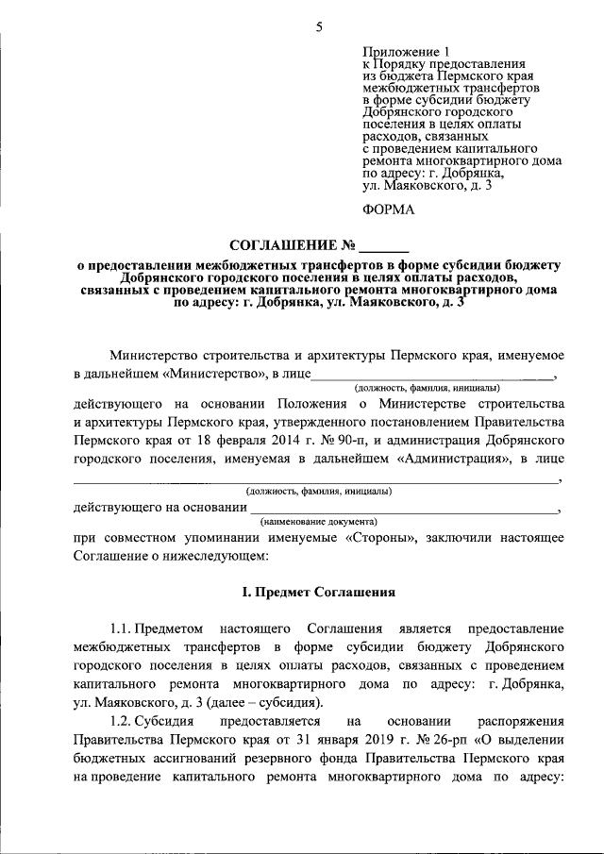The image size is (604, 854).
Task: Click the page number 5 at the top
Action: click(319, 26)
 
